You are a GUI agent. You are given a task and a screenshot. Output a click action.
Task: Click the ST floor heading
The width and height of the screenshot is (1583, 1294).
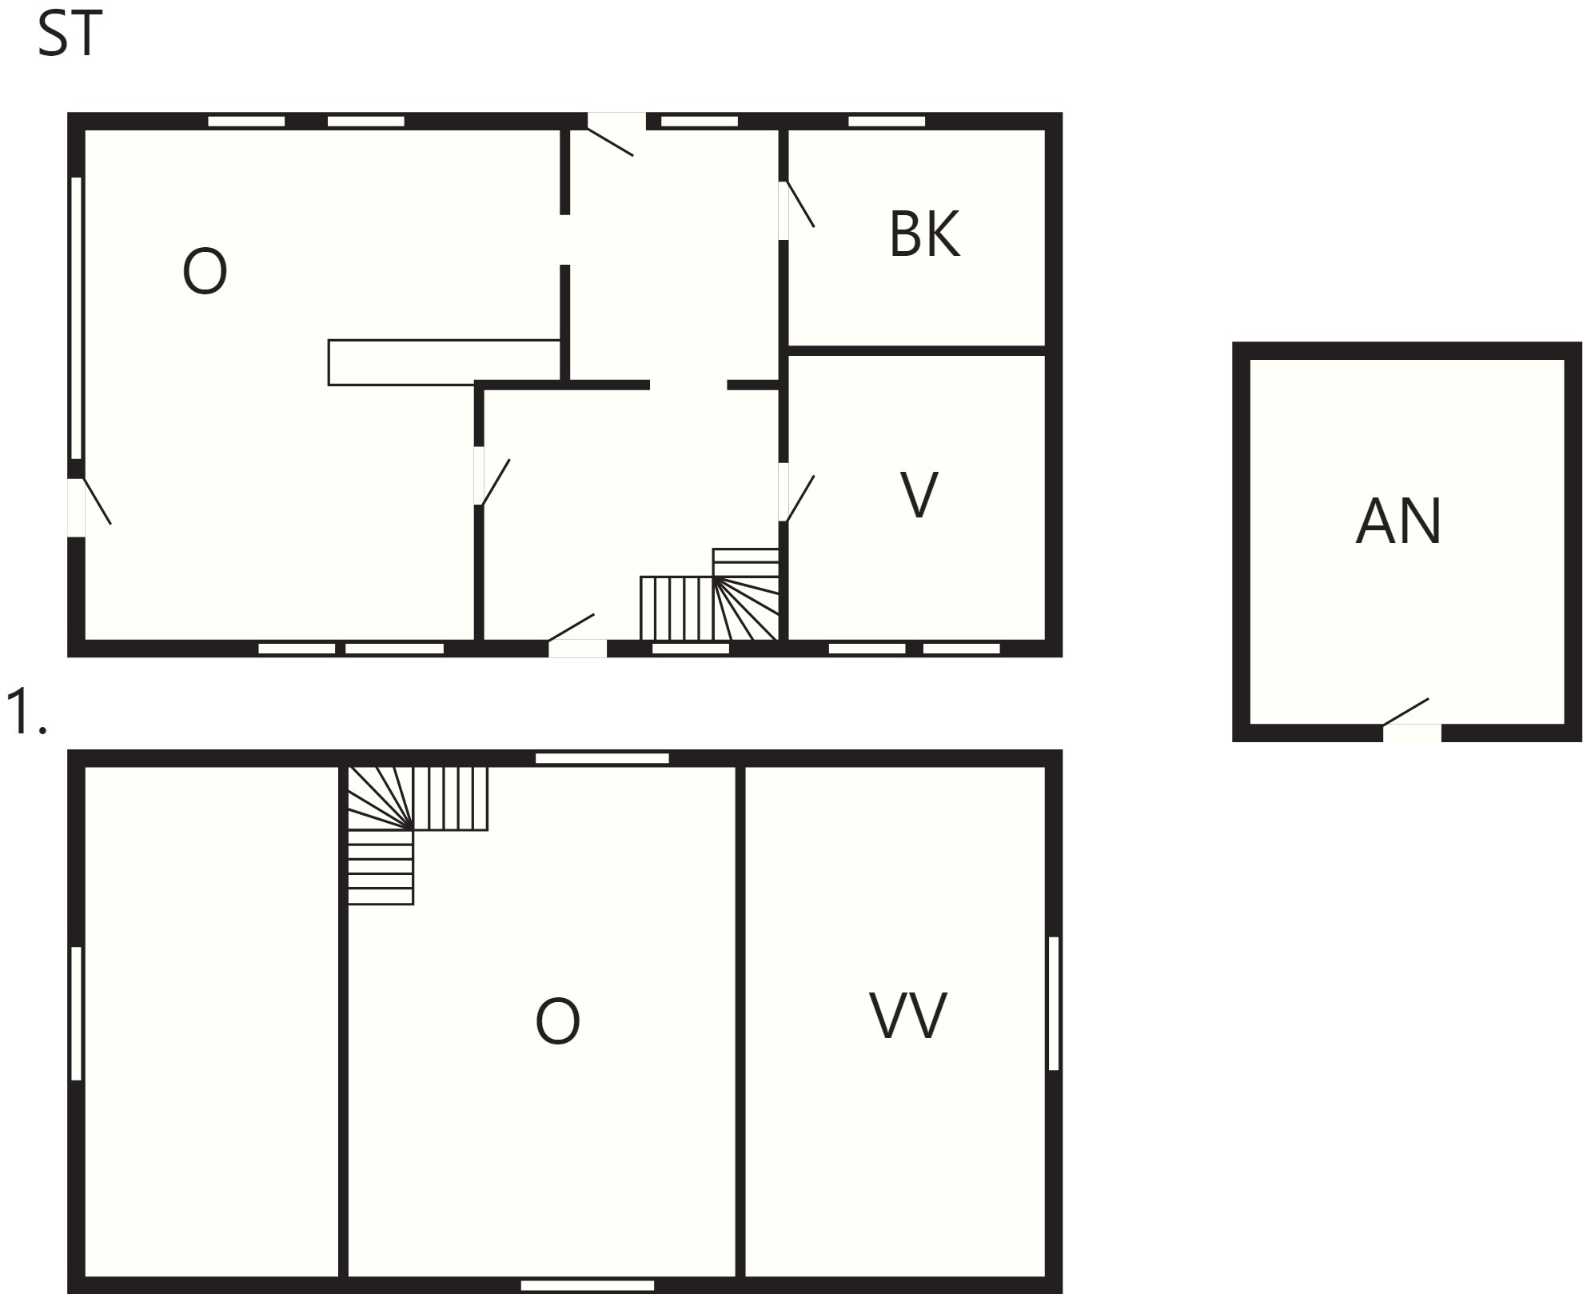pyautogui.click(x=70, y=36)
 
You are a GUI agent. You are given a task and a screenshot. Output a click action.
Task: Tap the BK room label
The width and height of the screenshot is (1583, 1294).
pyautogui.click(x=924, y=234)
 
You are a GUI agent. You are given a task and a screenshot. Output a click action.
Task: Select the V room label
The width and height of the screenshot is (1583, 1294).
pyautogui.click(x=919, y=495)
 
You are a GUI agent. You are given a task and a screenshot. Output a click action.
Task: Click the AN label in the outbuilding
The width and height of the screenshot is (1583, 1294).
pyautogui.click(x=1398, y=521)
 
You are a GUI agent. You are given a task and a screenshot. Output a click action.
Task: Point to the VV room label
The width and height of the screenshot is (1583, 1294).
pyautogui.click(x=907, y=1016)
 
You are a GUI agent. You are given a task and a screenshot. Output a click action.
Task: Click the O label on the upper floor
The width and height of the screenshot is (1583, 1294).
pyautogui.click(x=557, y=1021)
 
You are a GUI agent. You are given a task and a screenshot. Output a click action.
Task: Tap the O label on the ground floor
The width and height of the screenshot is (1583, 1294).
pyautogui.click(x=205, y=272)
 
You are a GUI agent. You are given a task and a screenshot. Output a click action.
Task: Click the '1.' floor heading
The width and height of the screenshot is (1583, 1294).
pyautogui.click(x=26, y=712)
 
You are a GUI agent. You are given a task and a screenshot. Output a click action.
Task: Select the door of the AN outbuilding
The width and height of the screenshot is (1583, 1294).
pyautogui.click(x=1411, y=718)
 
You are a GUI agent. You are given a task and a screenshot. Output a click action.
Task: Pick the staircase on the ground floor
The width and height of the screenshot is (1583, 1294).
pyautogui.click(x=710, y=594)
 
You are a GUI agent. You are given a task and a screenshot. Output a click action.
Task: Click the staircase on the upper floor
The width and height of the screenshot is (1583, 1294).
pyautogui.click(x=417, y=835)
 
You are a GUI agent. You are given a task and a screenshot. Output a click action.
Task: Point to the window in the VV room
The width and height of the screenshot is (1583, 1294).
pyautogui.click(x=1054, y=1003)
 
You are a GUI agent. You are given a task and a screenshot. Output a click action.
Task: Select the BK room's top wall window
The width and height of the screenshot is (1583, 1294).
pyautogui.click(x=886, y=122)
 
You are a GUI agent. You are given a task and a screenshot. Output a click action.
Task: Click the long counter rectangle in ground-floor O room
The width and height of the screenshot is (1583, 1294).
pyautogui.click(x=444, y=362)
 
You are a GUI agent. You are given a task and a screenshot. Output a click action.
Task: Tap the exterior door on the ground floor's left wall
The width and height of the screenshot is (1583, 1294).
pyautogui.click(x=89, y=506)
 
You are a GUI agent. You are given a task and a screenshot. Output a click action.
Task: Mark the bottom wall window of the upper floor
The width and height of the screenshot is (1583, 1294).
pyautogui.click(x=588, y=1286)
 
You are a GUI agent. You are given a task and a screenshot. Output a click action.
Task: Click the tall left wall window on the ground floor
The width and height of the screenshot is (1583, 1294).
pyautogui.click(x=77, y=318)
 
